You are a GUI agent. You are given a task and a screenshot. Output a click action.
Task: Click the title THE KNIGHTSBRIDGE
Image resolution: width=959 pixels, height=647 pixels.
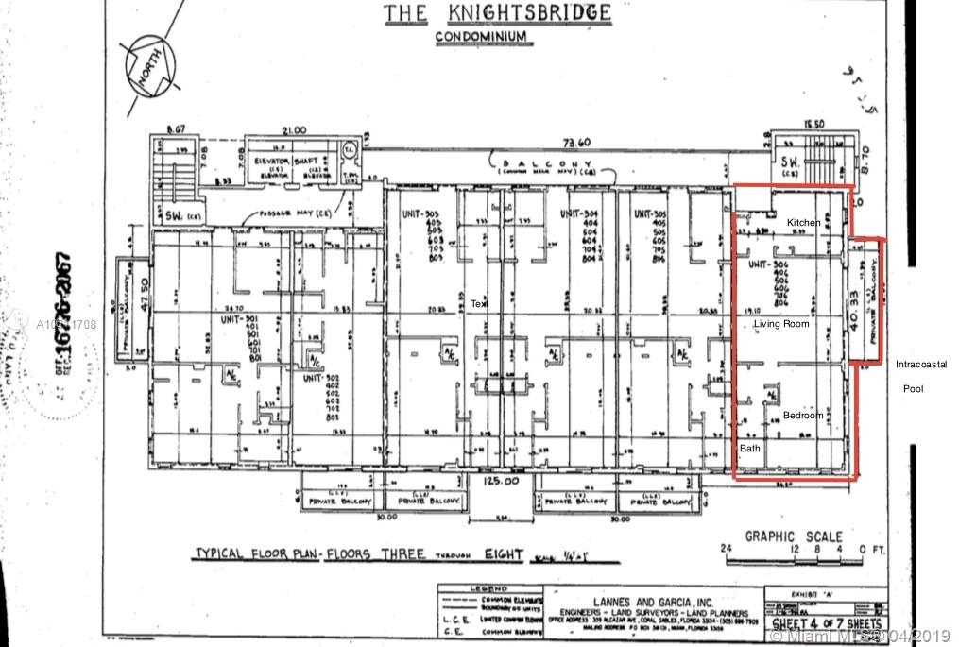tap(496, 13)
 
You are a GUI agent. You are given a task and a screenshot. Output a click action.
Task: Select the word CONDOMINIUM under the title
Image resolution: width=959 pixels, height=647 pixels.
tap(481, 38)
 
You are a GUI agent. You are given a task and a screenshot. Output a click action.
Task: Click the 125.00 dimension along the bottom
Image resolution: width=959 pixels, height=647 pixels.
tap(500, 482)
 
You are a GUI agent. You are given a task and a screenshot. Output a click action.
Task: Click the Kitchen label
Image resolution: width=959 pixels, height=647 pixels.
tap(803, 222)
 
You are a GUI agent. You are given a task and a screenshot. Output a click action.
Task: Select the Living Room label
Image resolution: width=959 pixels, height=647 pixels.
tap(781, 324)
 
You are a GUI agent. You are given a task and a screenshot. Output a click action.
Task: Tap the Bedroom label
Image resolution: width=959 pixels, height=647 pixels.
tap(803, 416)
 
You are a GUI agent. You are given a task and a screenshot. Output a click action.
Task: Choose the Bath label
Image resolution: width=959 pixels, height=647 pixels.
tap(749, 449)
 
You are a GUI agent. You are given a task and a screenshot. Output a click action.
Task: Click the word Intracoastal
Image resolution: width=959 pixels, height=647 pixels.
tap(921, 364)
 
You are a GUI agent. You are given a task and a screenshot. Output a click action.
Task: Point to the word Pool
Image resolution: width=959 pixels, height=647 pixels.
tap(913, 388)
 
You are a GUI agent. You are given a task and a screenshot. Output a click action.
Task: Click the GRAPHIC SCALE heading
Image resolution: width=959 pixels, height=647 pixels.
tap(794, 536)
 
